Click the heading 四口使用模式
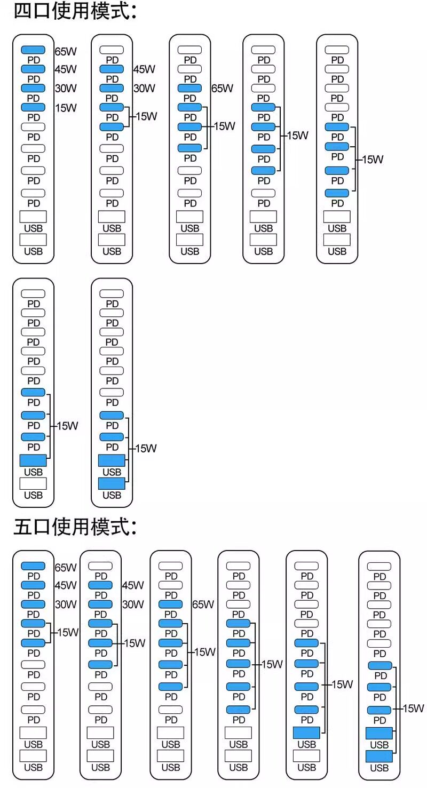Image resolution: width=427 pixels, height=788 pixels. tap(75, 12)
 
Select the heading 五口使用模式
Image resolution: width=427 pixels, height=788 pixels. tap(75, 528)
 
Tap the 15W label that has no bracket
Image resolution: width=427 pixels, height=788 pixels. tap(66, 108)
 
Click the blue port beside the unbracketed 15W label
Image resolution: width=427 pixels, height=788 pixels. tap(33, 107)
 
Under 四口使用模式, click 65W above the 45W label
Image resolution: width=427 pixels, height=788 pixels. tap(66, 52)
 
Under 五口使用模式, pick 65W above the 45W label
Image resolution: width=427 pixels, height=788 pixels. tap(66, 568)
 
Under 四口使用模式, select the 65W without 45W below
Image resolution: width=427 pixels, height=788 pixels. tap(222, 89)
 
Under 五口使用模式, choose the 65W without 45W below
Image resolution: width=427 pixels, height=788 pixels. tap(203, 604)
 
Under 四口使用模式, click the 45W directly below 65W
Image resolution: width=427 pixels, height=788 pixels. tap(66, 69)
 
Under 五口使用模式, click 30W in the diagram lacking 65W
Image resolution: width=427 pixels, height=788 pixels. tap(133, 604)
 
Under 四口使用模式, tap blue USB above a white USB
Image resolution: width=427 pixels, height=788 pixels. tap(33, 460)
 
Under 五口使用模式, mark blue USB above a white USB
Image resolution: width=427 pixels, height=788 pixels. tap(306, 732)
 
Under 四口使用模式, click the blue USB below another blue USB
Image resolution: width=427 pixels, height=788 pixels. tap(112, 483)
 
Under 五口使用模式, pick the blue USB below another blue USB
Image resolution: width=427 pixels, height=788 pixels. tap(379, 756)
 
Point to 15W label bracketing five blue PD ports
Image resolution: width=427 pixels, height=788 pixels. tap(272, 664)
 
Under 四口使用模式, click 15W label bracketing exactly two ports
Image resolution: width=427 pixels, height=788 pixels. tap(146, 116)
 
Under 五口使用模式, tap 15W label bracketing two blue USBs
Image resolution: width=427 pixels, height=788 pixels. tap(413, 709)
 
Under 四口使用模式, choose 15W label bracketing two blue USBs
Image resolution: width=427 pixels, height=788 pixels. tap(146, 449)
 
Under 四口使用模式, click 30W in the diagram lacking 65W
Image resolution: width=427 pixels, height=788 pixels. tap(144, 89)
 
